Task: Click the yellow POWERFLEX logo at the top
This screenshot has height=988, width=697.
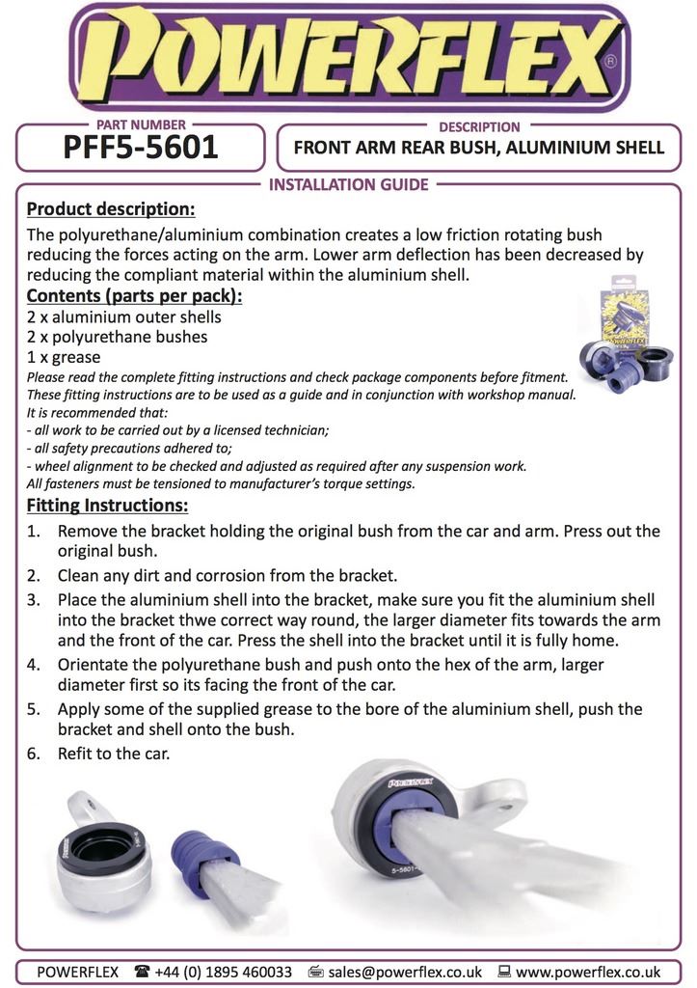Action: [x=349, y=59]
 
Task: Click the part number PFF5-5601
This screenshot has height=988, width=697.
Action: [x=141, y=148]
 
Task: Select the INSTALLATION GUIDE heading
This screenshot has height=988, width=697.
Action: [x=348, y=184]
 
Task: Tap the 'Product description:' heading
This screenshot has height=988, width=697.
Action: [x=111, y=208]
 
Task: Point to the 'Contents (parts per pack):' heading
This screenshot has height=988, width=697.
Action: [x=134, y=295]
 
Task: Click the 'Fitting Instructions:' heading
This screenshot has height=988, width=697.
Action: [x=107, y=506]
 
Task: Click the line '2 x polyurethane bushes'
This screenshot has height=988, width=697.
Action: [x=117, y=337]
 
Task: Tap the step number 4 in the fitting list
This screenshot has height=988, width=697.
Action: [x=34, y=665]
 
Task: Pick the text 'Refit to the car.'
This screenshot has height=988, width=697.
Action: [x=114, y=753]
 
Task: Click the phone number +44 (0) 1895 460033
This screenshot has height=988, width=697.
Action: [x=223, y=972]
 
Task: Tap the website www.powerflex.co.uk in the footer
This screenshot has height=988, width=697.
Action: [x=588, y=972]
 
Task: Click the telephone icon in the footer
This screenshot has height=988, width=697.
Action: [x=142, y=972]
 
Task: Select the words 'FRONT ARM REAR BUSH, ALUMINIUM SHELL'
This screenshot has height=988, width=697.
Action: [x=479, y=148]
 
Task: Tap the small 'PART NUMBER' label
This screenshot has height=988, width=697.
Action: [x=141, y=125]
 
